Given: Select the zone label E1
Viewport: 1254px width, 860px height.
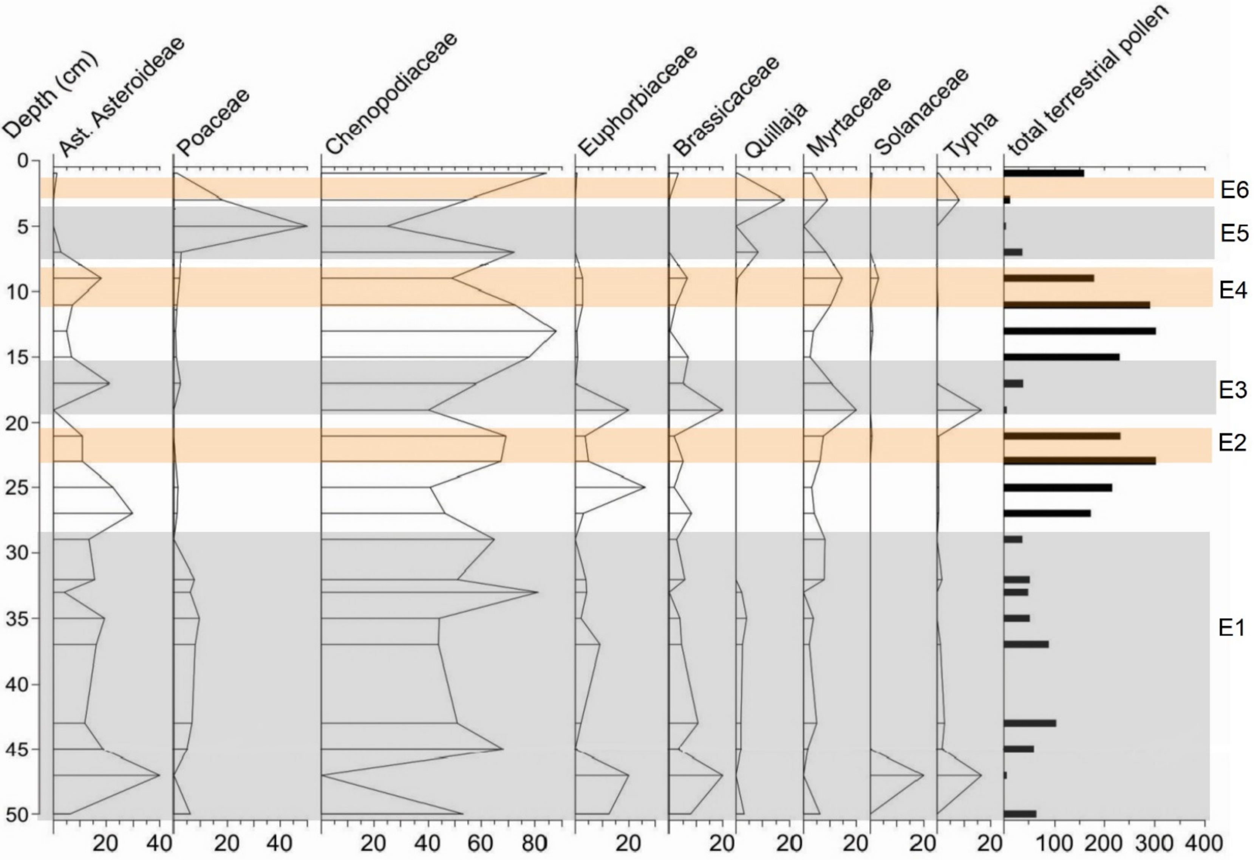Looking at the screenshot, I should coord(1231,628).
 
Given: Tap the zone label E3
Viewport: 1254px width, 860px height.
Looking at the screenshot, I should coord(1233,390).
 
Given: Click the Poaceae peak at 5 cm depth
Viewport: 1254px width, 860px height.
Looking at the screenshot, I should coord(306,226).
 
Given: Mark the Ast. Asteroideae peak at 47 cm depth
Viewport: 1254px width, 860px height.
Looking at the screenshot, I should coord(159,775).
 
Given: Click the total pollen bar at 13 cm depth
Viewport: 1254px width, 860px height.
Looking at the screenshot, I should coord(1079,331).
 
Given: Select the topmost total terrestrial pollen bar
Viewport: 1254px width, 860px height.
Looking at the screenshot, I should coord(1044,173).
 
